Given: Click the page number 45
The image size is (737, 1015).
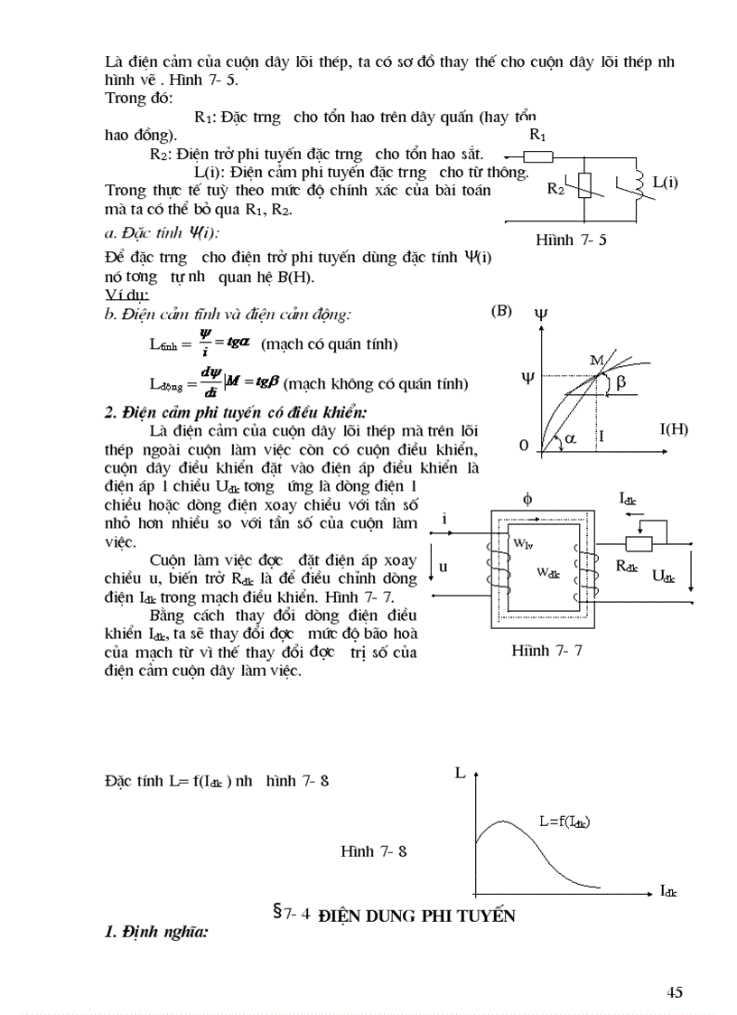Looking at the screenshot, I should click(x=674, y=992).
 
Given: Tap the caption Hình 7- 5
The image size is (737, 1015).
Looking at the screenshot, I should click(x=570, y=240).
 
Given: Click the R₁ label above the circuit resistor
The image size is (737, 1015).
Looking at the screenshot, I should click(x=538, y=135).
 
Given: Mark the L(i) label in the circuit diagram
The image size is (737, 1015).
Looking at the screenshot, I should click(x=664, y=183).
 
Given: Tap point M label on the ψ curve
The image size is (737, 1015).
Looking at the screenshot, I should click(x=596, y=361).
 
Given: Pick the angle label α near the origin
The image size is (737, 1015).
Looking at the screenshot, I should click(x=568, y=437).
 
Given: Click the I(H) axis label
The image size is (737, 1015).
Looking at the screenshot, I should click(x=668, y=428).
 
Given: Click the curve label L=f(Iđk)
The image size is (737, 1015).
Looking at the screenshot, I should click(x=570, y=822).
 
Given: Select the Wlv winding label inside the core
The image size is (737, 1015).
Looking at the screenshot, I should click(x=523, y=544).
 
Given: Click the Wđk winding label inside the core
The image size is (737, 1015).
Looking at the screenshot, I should click(x=550, y=572).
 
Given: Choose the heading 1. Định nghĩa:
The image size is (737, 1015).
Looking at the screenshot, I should click(x=156, y=931).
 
